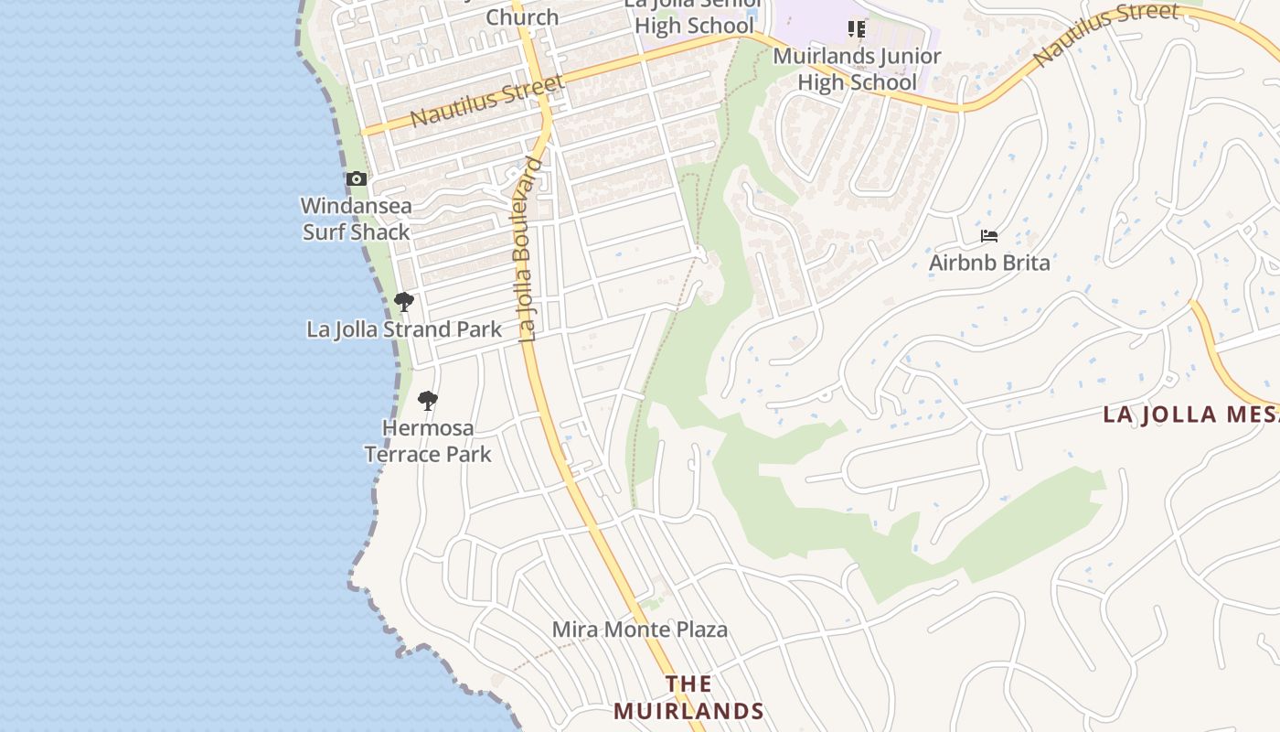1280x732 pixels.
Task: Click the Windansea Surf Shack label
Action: tap(357, 219)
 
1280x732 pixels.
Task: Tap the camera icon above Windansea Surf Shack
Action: tap(357, 178)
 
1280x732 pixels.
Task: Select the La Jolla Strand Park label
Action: tap(404, 329)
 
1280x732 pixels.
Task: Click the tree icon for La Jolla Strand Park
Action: tap(403, 301)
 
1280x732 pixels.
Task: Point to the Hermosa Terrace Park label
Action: tap(428, 441)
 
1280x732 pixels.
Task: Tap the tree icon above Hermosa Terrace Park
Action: tap(427, 400)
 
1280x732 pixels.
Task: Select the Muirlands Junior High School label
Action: tap(857, 69)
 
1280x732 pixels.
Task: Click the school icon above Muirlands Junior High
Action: tap(856, 29)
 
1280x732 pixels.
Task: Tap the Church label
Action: tap(522, 17)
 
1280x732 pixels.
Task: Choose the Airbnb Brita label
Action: tap(989, 264)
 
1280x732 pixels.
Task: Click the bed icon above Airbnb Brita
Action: tap(988, 236)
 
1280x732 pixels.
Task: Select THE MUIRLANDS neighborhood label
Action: tap(688, 697)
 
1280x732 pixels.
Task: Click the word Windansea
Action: tap(357, 206)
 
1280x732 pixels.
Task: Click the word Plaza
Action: tap(698, 630)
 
